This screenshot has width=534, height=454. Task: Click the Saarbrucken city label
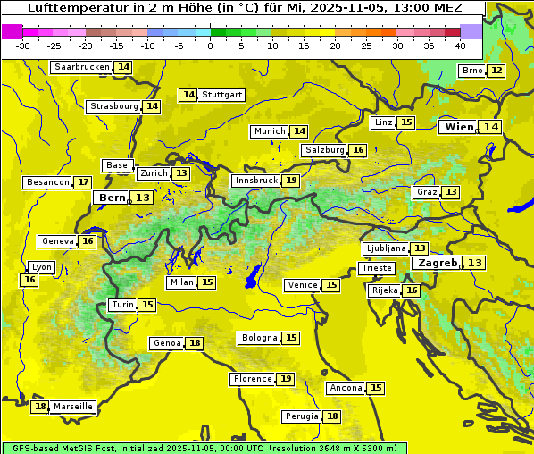coord(81,67)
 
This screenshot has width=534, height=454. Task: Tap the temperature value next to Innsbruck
coord(291,181)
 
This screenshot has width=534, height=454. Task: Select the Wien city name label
coord(459,127)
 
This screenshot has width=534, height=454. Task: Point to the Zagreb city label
coord(437,263)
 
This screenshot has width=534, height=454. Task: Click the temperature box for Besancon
coord(83,182)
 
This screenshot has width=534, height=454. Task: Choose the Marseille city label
coord(72,407)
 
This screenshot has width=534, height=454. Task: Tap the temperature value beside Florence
coord(286,379)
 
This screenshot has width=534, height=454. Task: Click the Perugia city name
coord(300,416)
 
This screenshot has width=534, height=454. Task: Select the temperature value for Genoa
coord(195,343)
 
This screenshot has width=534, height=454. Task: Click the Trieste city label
coord(375,268)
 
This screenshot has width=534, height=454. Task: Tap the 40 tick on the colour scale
coord(460,46)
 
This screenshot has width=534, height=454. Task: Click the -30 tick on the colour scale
coord(23,46)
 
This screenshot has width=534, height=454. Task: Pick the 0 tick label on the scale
coord(211,46)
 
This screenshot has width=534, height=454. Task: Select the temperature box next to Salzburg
coord(358,150)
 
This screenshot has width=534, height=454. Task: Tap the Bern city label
coord(113,198)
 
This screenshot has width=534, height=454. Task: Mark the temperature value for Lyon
coord(29,280)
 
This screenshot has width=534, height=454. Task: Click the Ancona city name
coord(346,388)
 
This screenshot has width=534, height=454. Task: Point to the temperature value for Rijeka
coord(411,290)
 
